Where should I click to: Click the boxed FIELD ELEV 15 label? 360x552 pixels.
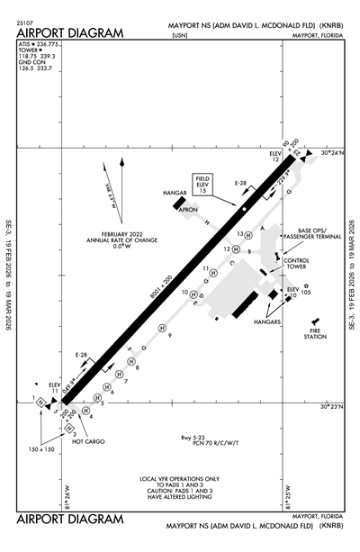tap(203, 186)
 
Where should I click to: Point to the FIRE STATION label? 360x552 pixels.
tap(315, 334)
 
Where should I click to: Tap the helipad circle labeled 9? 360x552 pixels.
tap(162, 327)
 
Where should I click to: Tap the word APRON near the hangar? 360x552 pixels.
tap(187, 209)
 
